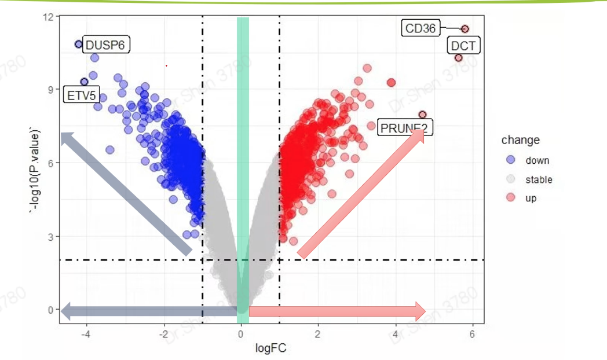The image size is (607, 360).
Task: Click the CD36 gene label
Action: (420, 28)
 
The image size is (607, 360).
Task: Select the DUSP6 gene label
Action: (106, 45)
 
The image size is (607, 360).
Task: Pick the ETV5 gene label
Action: (81, 95)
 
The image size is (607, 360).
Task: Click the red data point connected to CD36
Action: (465, 29)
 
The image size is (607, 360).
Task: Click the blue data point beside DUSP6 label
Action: (79, 44)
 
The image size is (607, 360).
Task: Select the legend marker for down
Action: (511, 160)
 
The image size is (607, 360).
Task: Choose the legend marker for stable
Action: (511, 179)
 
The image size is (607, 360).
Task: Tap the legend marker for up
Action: (511, 198)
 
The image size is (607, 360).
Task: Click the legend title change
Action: (520, 140)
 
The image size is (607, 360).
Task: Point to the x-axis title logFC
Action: (270, 348)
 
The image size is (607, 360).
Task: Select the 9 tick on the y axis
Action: (51, 89)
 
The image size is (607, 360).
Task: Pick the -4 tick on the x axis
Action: (87, 334)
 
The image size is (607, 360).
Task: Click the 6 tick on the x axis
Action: (473, 334)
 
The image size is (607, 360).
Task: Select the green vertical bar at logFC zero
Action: (243, 168)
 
